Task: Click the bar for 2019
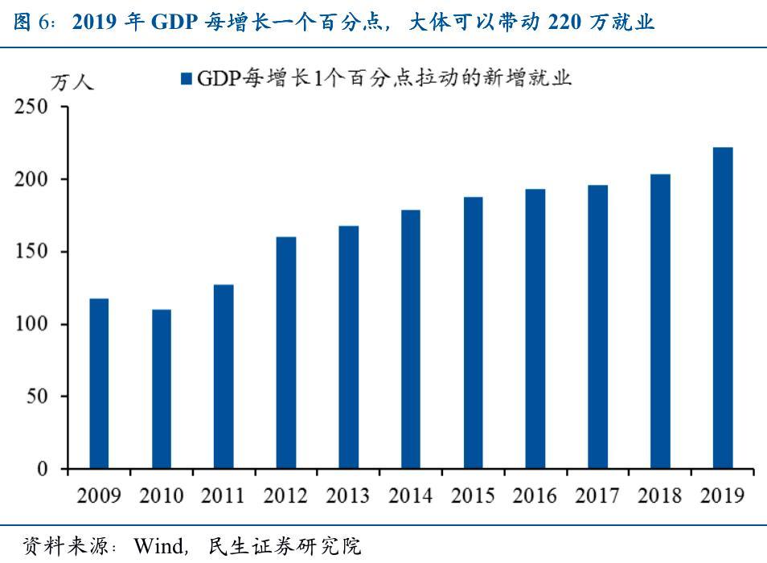click(723, 308)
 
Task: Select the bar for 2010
click(162, 389)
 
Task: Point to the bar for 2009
click(99, 384)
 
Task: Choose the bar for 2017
click(598, 327)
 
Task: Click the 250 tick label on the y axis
click(32, 107)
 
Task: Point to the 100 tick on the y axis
click(32, 325)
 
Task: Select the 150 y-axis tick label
click(32, 253)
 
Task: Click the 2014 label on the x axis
click(411, 495)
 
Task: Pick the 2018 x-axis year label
click(660, 495)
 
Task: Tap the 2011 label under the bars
click(224, 495)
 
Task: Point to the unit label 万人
click(72, 83)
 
